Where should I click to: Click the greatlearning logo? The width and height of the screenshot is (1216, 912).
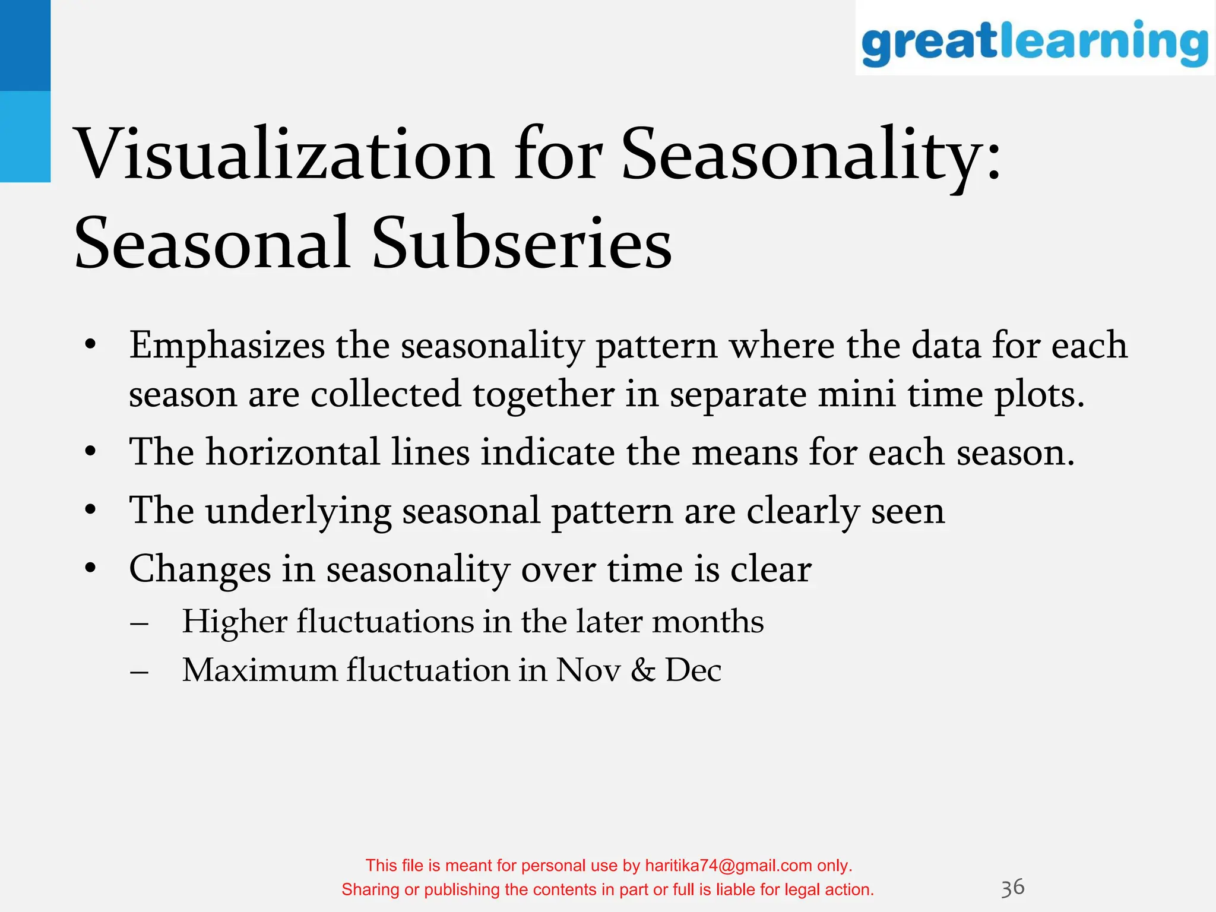coord(1034,42)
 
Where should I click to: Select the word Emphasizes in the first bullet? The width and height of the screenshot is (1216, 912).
coord(227,346)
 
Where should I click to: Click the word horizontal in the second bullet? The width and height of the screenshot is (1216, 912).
coord(293,452)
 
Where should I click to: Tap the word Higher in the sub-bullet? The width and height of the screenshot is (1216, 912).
coord(234,622)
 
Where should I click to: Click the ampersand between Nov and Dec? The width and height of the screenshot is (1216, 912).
coord(642,671)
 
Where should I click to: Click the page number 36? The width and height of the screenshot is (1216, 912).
coord(1012,888)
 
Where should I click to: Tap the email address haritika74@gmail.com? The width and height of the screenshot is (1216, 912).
coord(728,866)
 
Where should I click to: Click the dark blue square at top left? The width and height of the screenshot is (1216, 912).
coord(25,45)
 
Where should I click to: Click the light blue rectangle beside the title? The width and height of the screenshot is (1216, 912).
coord(25,137)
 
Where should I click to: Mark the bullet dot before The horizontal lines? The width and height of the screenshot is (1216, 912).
coord(90,452)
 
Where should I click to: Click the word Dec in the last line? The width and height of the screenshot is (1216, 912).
coord(693,671)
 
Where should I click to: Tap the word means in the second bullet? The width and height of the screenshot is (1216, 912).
coord(745,452)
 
